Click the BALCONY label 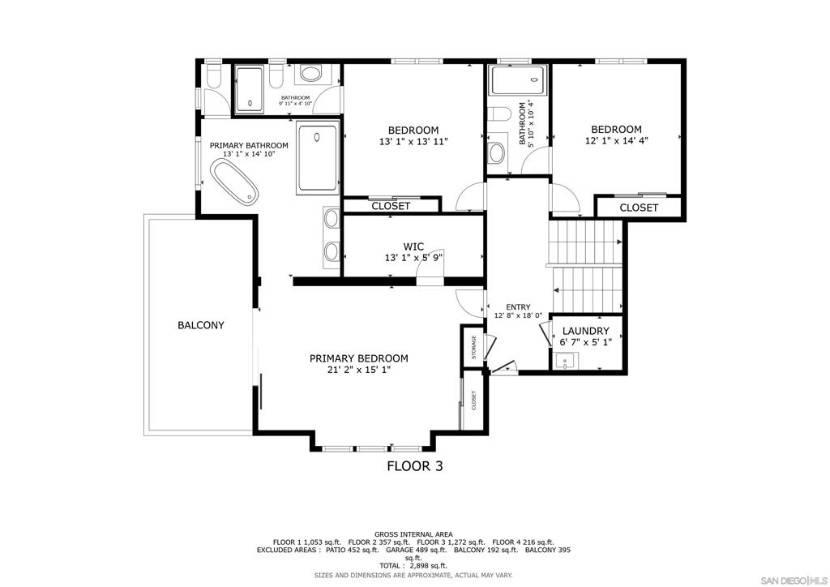pos(201,325)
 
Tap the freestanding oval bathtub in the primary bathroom pos(234,182)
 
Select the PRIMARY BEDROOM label pos(359,358)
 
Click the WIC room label pos(413,246)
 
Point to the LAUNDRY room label pos(585,331)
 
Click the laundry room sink pos(566,362)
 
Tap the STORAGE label pos(473,347)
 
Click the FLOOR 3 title pos(415,465)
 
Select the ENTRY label pos(518,307)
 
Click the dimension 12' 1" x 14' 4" pos(617,141)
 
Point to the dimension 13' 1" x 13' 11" pos(413,141)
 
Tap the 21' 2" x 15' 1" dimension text pos(359,370)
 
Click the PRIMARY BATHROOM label pos(249,146)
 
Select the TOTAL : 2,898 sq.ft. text pos(413,566)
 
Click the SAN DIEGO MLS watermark pos(793,579)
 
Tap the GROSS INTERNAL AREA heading pos(413,534)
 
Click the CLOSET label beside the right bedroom pos(639,208)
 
